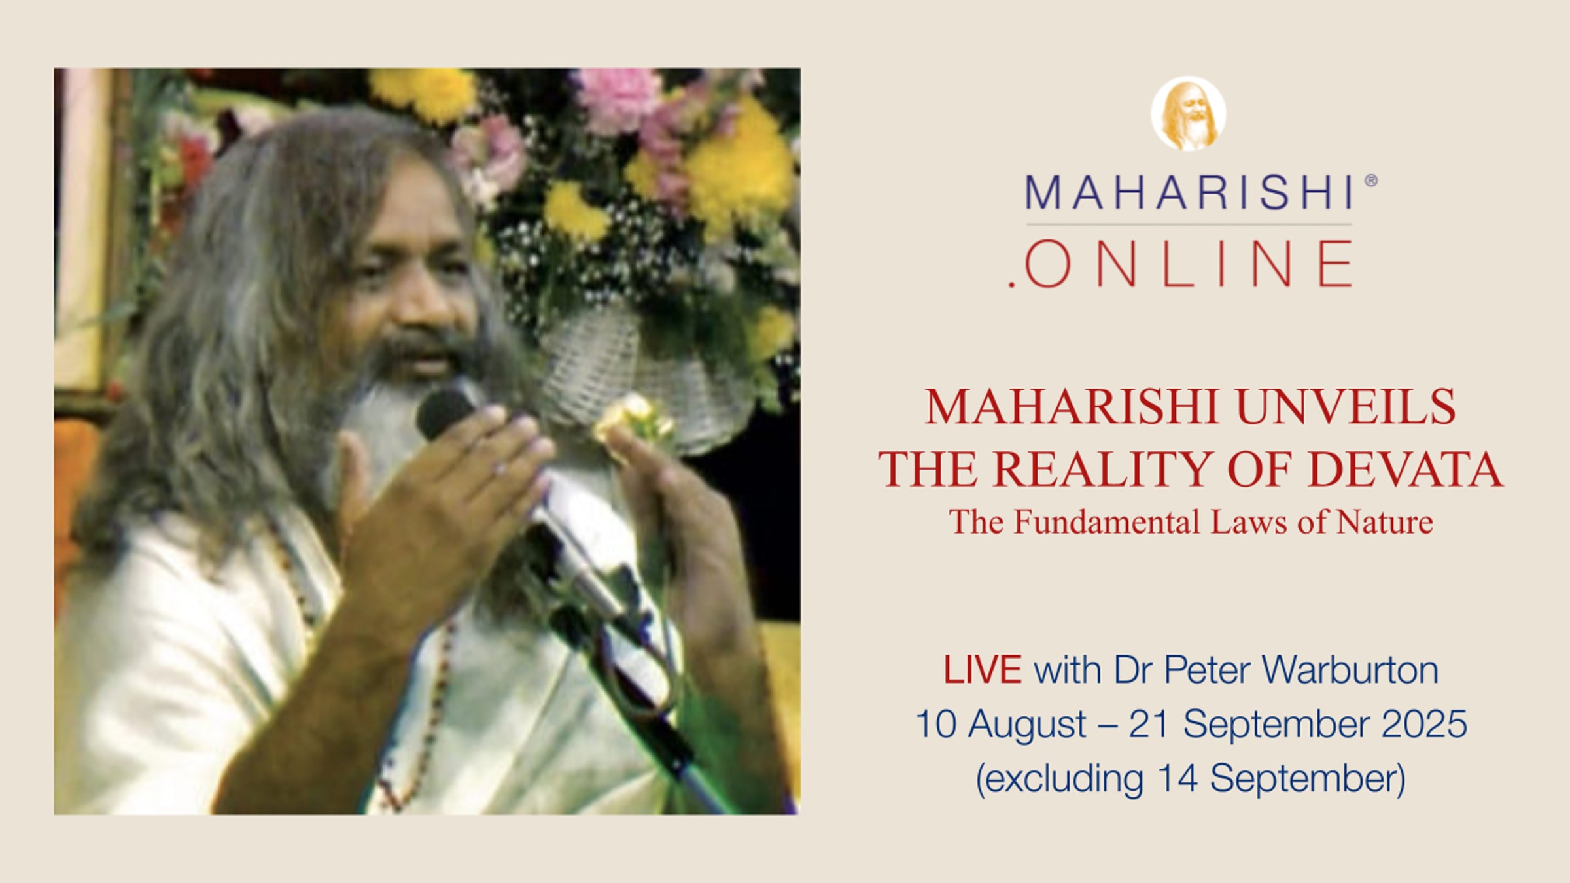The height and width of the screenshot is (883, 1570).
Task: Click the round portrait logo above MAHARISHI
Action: click(1188, 114)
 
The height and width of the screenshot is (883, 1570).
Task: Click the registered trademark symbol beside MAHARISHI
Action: click(1371, 181)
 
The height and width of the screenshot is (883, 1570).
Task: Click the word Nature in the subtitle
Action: click(1385, 522)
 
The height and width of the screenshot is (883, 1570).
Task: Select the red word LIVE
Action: click(982, 670)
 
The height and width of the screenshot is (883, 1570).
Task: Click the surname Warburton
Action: click(1350, 670)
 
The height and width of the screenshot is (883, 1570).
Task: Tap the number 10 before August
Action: click(937, 724)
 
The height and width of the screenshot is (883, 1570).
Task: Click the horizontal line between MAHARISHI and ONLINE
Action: click(1189, 224)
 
